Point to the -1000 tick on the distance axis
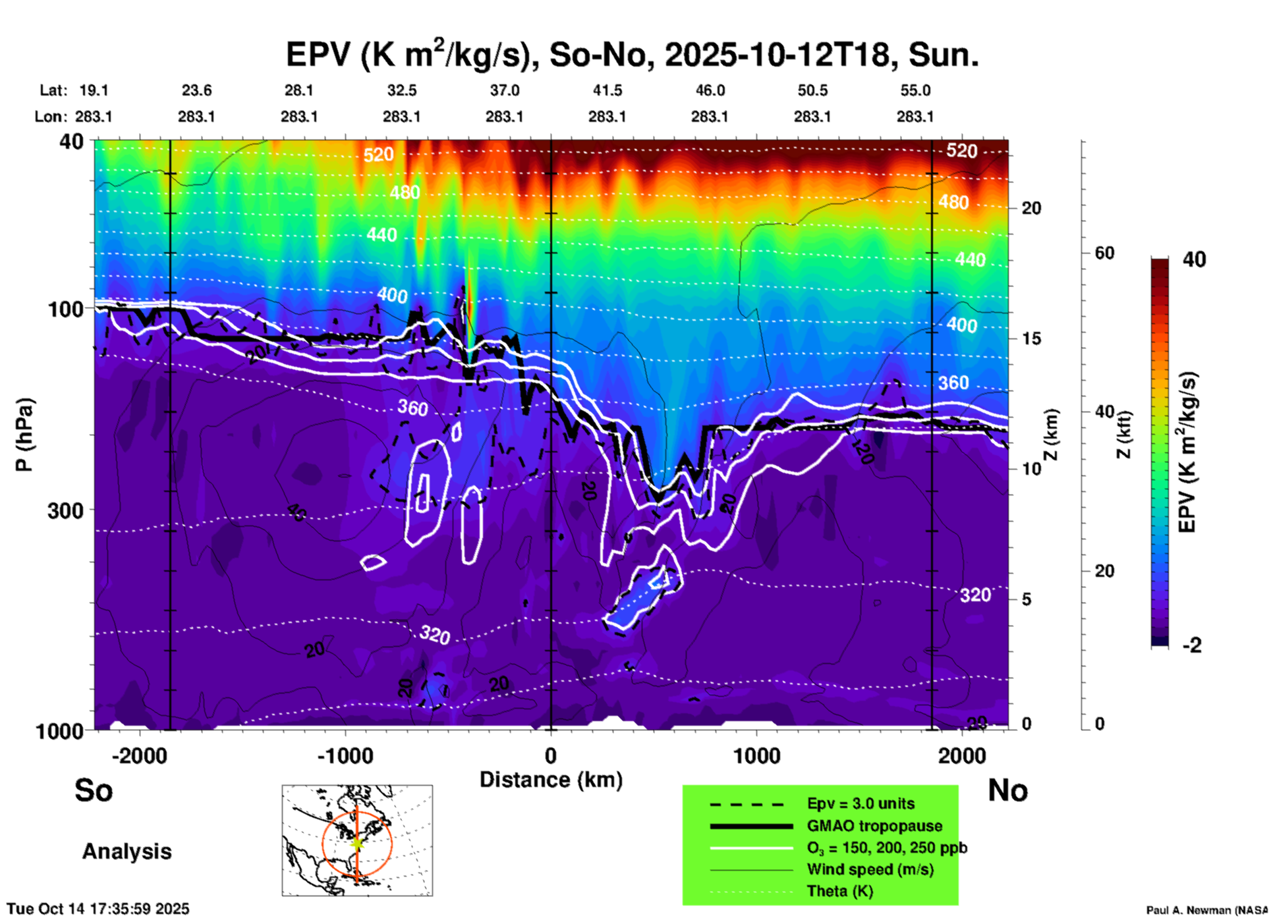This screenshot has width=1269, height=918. pyautogui.click(x=345, y=755)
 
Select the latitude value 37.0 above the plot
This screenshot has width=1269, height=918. pyautogui.click(x=504, y=90)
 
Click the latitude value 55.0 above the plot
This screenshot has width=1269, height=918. pyautogui.click(x=915, y=90)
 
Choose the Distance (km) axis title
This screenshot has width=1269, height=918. pyautogui.click(x=551, y=780)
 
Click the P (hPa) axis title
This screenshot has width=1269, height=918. pyautogui.click(x=24, y=435)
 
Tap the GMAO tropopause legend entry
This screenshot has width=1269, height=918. pyautogui.click(x=874, y=826)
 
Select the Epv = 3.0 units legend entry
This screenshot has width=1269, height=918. pyautogui.click(x=860, y=803)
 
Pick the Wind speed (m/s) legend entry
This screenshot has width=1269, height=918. pyautogui.click(x=870, y=869)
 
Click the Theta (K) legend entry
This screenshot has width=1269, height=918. pyautogui.click(x=839, y=891)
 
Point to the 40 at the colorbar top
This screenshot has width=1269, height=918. pyautogui.click(x=1194, y=259)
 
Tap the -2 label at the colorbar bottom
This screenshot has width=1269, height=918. pyautogui.click(x=1192, y=645)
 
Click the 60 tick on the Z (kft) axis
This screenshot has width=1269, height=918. pyautogui.click(x=1104, y=253)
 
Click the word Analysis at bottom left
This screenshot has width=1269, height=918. pyautogui.click(x=127, y=851)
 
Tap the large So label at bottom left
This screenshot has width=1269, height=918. pyautogui.click(x=94, y=790)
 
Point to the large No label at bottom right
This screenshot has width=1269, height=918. pyautogui.click(x=1007, y=790)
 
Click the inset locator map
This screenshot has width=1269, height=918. pyautogui.click(x=357, y=840)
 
